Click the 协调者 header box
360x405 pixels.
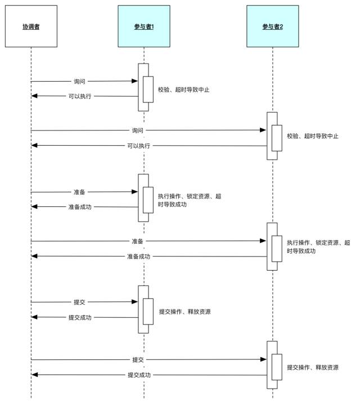(31, 26)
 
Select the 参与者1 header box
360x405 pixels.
(143, 26)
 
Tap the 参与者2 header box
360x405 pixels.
(272, 26)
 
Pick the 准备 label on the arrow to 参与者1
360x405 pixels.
(80, 192)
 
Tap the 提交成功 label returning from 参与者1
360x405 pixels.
(80, 317)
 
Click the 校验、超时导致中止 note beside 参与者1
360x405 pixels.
(184, 89)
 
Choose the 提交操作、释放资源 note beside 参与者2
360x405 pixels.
(313, 367)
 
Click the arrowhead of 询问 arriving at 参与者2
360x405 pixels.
(263, 130)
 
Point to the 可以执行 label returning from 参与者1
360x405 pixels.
(80, 96)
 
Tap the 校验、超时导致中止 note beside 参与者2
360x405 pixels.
(313, 136)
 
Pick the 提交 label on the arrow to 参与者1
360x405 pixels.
(80, 302)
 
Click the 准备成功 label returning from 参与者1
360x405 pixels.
(80, 207)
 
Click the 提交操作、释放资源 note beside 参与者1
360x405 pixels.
(185, 311)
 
